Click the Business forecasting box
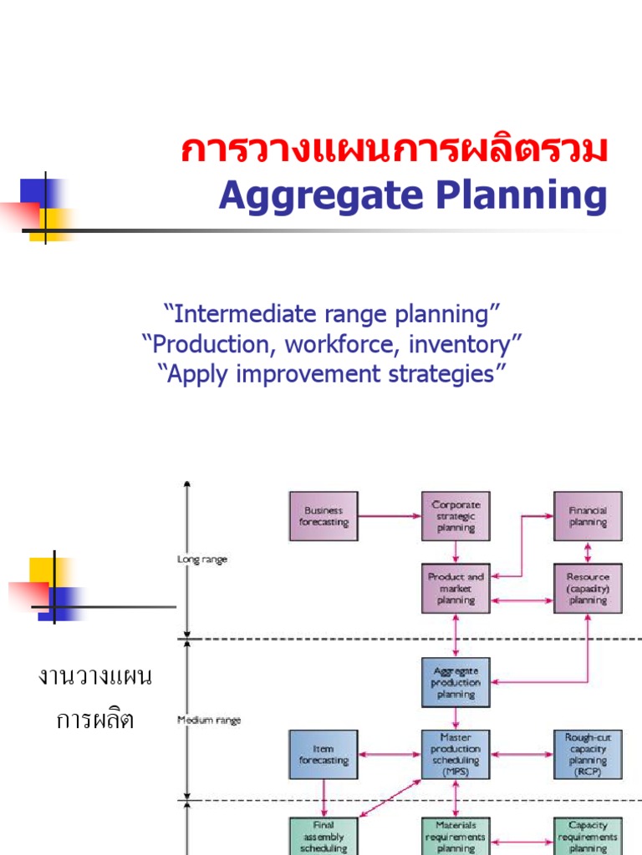pos(324,516)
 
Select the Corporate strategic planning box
pos(456,516)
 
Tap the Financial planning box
pos(588,516)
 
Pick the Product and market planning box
pos(456,588)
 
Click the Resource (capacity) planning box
pos(588,588)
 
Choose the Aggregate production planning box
pos(456,682)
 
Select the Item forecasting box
pos(324,755)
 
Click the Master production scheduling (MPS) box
pos(456,755)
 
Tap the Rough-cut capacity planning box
pos(588,755)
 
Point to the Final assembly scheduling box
pos(324,836)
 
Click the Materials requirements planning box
pos(456,836)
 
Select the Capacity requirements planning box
pos(588,836)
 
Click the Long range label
pos(202,559)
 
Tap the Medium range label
pos(209,720)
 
